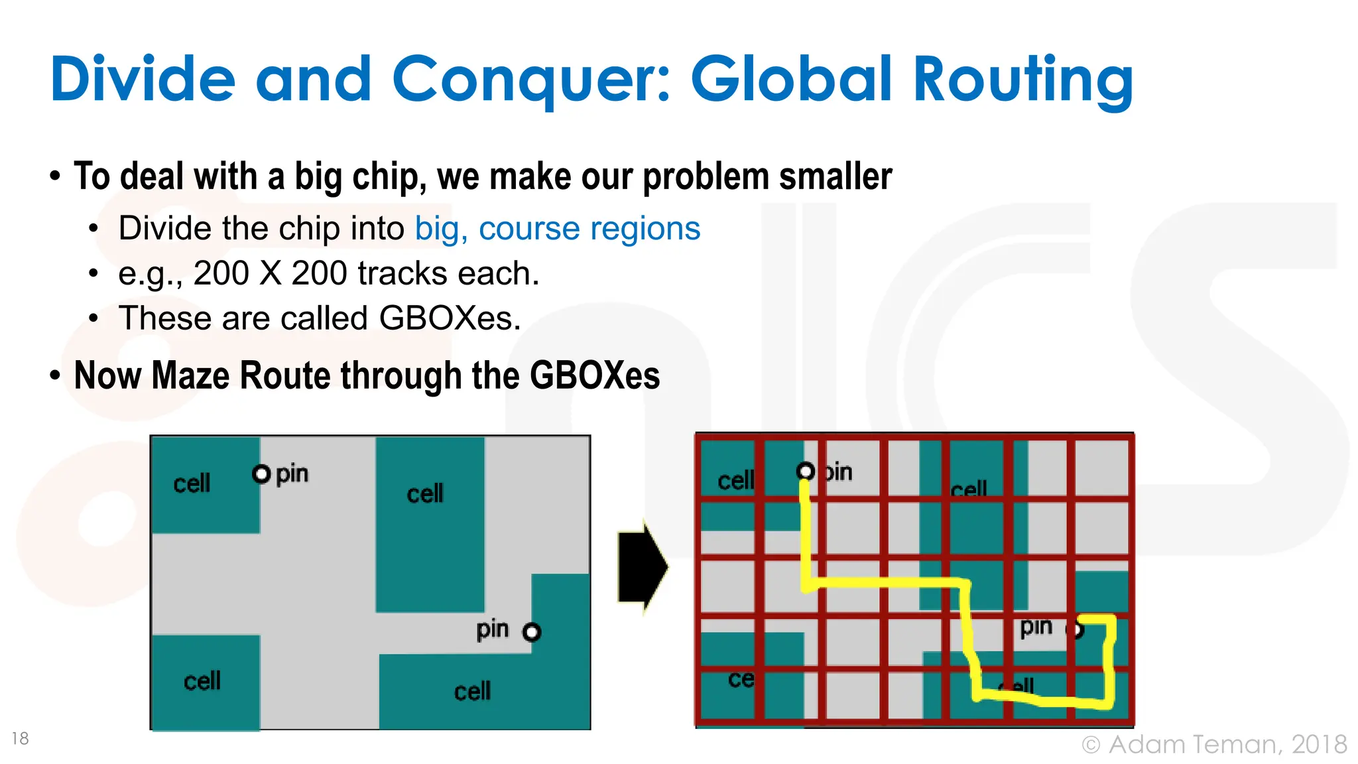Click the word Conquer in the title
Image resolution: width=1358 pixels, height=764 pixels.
pos(530,80)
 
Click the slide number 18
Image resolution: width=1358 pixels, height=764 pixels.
pos(21,738)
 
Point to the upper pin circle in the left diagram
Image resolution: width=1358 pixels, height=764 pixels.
pos(261,474)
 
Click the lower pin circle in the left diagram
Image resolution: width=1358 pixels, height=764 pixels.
pos(532,632)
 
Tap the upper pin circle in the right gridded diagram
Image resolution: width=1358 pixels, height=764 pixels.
pos(806,472)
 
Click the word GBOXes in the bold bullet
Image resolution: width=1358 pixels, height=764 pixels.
pos(595,375)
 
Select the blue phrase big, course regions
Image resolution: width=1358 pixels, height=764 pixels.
pos(557,229)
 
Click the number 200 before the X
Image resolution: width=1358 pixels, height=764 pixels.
pos(221,273)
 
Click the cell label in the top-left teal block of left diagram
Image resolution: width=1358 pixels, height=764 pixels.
pos(192,483)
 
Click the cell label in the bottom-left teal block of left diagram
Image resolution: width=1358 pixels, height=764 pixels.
pos(202,681)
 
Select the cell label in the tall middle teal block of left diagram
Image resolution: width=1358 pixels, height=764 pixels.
pos(425,494)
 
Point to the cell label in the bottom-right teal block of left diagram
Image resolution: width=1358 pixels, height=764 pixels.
pos(472,692)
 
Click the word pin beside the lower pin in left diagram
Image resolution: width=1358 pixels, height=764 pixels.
pos(493,629)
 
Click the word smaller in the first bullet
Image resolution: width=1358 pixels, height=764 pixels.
pos(835,177)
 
